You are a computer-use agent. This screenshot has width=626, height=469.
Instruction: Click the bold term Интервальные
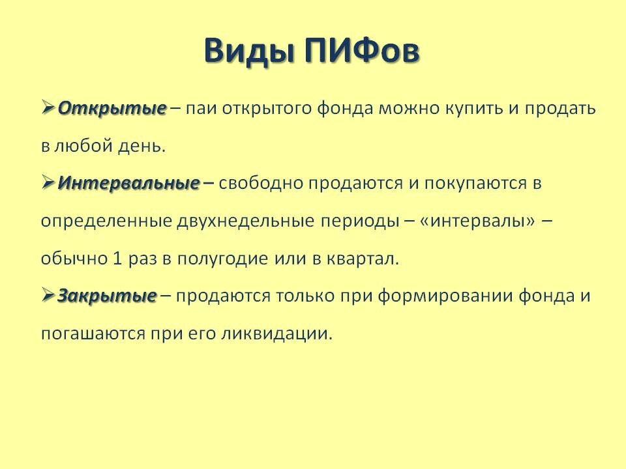pos(128,184)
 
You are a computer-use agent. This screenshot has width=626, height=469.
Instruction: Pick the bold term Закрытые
pos(107,296)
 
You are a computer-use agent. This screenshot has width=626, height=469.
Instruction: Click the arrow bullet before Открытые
pos(48,107)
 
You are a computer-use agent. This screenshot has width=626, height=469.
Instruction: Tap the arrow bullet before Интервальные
pos(48,183)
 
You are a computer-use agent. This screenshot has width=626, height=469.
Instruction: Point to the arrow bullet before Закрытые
pos(48,296)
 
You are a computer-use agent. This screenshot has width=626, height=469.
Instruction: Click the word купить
pos(464,108)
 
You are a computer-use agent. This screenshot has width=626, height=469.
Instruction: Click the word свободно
pos(261,184)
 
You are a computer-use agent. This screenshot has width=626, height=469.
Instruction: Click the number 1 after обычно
pos(117,259)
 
